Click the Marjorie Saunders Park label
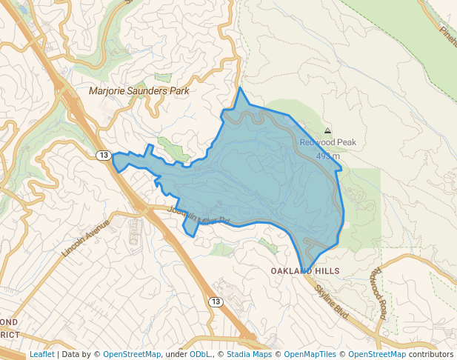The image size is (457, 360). click(139, 91)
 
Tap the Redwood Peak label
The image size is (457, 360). click(327, 142)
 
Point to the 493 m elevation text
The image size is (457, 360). click(327, 156)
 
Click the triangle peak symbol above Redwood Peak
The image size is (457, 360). click(328, 130)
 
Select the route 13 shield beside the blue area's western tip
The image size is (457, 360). click(103, 155)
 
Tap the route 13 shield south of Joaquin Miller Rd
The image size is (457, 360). click(215, 301)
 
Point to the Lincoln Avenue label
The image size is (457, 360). click(85, 238)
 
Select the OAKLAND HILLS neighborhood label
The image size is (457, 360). click(304, 272)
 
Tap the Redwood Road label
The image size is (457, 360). click(378, 293)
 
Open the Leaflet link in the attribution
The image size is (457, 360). click(41, 354)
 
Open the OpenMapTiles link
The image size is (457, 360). click(313, 354)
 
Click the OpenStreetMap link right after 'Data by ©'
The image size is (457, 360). click(131, 354)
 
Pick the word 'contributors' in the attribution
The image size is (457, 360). click(431, 354)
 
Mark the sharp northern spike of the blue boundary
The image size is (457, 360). click(240, 88)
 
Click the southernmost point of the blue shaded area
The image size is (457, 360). click(304, 273)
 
